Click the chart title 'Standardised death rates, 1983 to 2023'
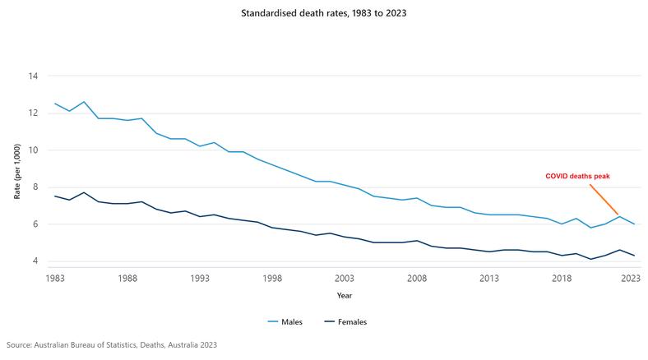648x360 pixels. tap(324, 14)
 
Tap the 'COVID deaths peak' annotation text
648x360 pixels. tap(578, 176)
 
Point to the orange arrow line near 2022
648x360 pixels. tap(604, 198)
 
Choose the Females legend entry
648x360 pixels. tap(350, 321)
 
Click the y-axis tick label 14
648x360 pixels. tap(34, 76)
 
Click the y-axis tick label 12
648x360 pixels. tap(34, 113)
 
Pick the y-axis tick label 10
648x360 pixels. tap(34, 150)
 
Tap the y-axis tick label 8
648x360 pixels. tap(36, 187)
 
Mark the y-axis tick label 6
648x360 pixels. tap(36, 224)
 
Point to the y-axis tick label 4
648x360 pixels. tap(36, 261)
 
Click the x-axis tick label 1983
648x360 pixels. tap(55, 279)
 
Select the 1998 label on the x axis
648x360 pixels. tap(272, 279)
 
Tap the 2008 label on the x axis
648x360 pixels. tap(417, 279)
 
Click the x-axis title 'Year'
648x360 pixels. tap(344, 295)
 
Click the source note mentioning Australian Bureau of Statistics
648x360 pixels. tap(112, 345)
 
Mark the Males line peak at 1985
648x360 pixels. tap(84, 102)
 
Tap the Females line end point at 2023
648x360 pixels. tap(633, 256)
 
